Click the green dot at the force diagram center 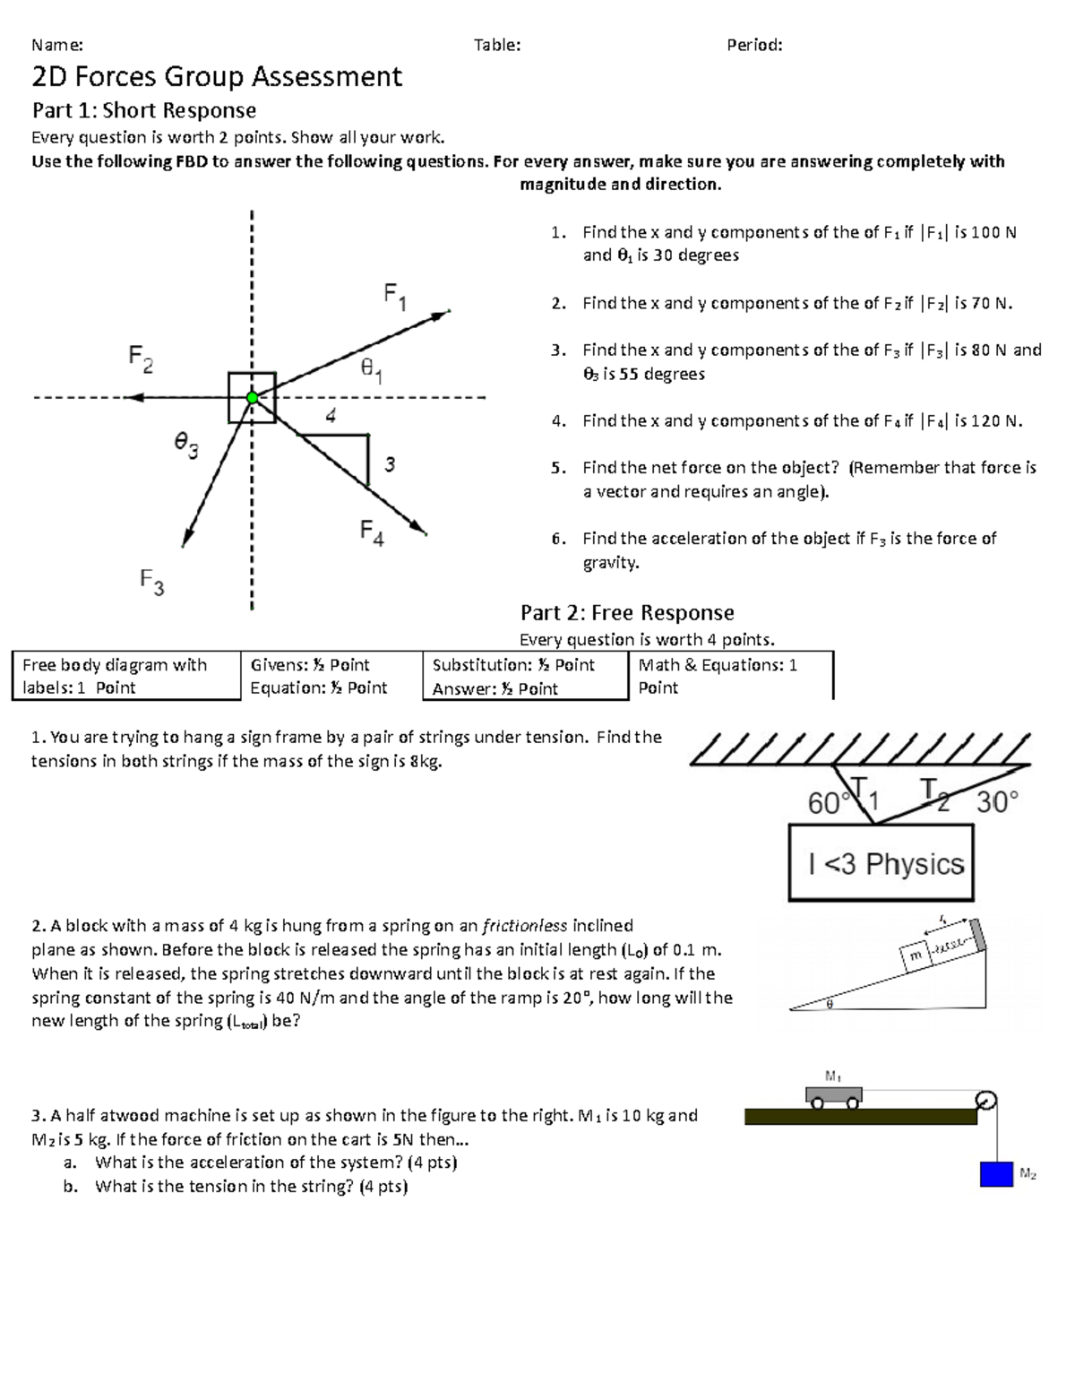tap(253, 397)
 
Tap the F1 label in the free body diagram tap(395, 296)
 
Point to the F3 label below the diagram tap(151, 582)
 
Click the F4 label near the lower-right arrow tap(372, 532)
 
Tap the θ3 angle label tap(186, 444)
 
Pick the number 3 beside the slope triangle tap(390, 464)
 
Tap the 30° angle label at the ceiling tap(997, 801)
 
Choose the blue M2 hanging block tap(996, 1173)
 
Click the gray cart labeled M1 tap(833, 1095)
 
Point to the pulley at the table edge tap(985, 1100)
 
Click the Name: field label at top tap(57, 45)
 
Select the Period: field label tap(754, 45)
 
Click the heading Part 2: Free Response tap(627, 613)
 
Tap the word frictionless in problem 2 tap(524, 926)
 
